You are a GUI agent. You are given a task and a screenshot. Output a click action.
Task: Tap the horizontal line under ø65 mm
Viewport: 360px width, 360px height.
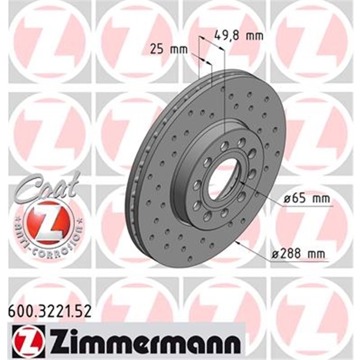click(x=306, y=206)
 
